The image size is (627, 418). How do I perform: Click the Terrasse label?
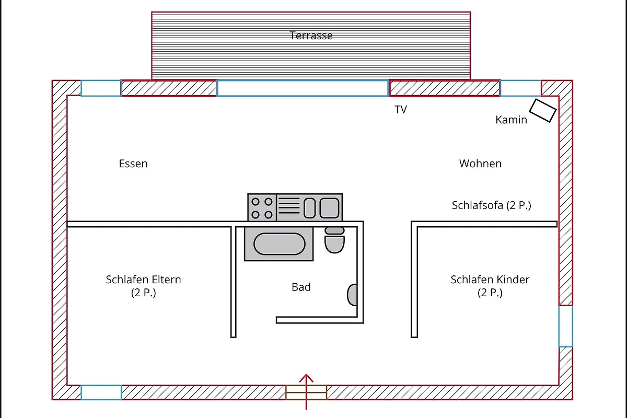[x=311, y=36]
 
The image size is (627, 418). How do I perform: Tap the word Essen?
[x=133, y=164]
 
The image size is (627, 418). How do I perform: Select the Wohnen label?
[x=480, y=164]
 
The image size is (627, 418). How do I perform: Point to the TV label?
[x=401, y=110]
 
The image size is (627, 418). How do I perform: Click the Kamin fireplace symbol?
[x=542, y=110]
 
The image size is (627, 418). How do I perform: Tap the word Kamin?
[x=511, y=120]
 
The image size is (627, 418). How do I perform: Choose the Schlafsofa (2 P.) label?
[x=491, y=205]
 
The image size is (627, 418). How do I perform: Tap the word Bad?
[x=301, y=287]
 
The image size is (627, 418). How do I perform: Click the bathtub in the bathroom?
[x=279, y=244]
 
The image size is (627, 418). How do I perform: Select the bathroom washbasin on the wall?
[x=353, y=295]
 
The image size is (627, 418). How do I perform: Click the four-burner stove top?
[x=262, y=207]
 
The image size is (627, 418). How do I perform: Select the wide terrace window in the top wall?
[x=303, y=88]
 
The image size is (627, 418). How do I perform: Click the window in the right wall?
[x=565, y=326]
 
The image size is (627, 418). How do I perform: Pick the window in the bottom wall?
[x=101, y=392]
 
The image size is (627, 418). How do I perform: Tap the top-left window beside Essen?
[x=101, y=88]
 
